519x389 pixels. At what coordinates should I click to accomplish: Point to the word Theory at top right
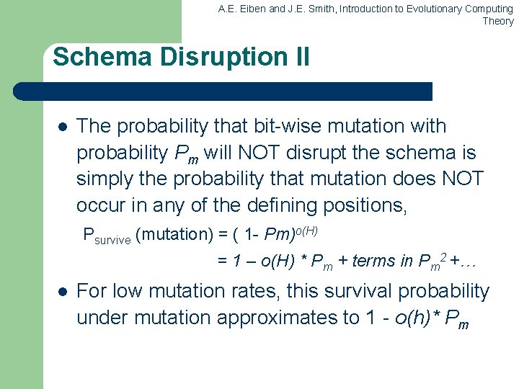coord(498,21)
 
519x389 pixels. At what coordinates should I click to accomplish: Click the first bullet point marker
coord(61,127)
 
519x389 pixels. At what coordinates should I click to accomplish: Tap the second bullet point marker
coord(61,292)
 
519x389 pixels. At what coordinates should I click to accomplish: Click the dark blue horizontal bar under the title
coord(223,91)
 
